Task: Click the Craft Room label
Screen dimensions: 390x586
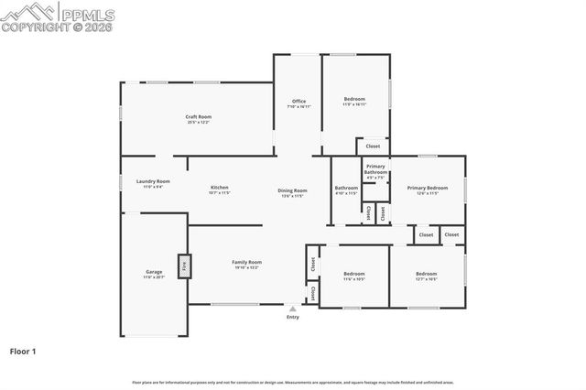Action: click(x=199, y=116)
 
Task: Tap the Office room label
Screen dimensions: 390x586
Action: click(x=298, y=101)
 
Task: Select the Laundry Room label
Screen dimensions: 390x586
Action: click(x=153, y=181)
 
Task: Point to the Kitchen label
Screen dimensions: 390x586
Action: click(x=219, y=188)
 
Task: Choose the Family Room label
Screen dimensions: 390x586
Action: click(x=247, y=263)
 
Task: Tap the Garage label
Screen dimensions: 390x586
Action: click(x=154, y=272)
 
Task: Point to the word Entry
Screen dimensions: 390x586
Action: click(x=293, y=318)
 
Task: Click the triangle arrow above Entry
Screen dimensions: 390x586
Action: click(x=293, y=309)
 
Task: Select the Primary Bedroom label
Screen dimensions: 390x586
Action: click(x=428, y=188)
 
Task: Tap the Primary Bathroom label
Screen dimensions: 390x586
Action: click(x=376, y=169)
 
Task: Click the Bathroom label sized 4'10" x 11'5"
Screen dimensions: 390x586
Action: click(x=345, y=188)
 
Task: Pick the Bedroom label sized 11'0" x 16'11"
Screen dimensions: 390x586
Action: click(x=354, y=99)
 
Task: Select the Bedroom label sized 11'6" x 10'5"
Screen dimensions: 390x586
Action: click(x=354, y=274)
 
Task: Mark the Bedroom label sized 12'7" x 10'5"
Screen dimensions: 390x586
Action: click(x=427, y=274)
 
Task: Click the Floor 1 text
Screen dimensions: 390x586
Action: click(x=23, y=351)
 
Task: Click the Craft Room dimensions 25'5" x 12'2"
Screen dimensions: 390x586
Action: click(x=199, y=122)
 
